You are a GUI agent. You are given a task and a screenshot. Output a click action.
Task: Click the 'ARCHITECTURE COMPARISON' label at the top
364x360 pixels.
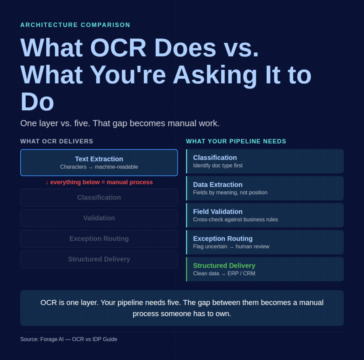pyautogui.click(x=75, y=25)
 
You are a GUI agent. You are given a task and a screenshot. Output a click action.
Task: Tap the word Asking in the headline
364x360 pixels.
pyautogui.click(x=215, y=75)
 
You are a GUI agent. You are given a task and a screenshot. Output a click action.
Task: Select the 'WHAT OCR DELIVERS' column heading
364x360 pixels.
pyautogui.click(x=57, y=141)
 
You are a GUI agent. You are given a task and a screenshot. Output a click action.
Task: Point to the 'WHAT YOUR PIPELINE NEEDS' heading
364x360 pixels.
pyautogui.click(x=236, y=141)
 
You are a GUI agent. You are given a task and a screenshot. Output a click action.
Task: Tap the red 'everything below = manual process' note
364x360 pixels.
pyautogui.click(x=99, y=182)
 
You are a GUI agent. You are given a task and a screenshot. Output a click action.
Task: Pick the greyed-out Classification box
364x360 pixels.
pyautogui.click(x=99, y=197)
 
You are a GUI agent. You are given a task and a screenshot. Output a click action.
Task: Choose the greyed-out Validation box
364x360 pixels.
pyautogui.click(x=99, y=218)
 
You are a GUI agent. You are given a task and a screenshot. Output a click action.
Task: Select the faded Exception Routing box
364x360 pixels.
pyautogui.click(x=99, y=239)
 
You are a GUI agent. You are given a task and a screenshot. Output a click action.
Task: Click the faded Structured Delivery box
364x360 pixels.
pyautogui.click(x=99, y=259)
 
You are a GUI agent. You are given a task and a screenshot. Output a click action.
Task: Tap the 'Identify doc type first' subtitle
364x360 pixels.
pyautogui.click(x=218, y=165)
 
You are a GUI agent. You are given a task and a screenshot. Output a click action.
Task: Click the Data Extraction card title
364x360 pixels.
pyautogui.click(x=218, y=185)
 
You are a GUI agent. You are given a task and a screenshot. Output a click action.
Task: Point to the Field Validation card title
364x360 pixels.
pyautogui.click(x=218, y=212)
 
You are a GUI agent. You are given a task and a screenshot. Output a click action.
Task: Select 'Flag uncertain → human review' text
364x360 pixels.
pyautogui.click(x=231, y=247)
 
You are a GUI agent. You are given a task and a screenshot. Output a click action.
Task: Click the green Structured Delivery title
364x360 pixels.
pyautogui.click(x=224, y=266)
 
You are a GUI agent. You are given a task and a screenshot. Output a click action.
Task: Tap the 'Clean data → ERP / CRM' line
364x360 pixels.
pyautogui.click(x=224, y=274)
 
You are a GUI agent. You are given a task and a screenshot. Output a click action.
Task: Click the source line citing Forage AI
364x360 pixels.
pyautogui.click(x=69, y=339)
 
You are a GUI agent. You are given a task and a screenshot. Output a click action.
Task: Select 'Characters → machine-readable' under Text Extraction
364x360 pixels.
pyautogui.click(x=99, y=167)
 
